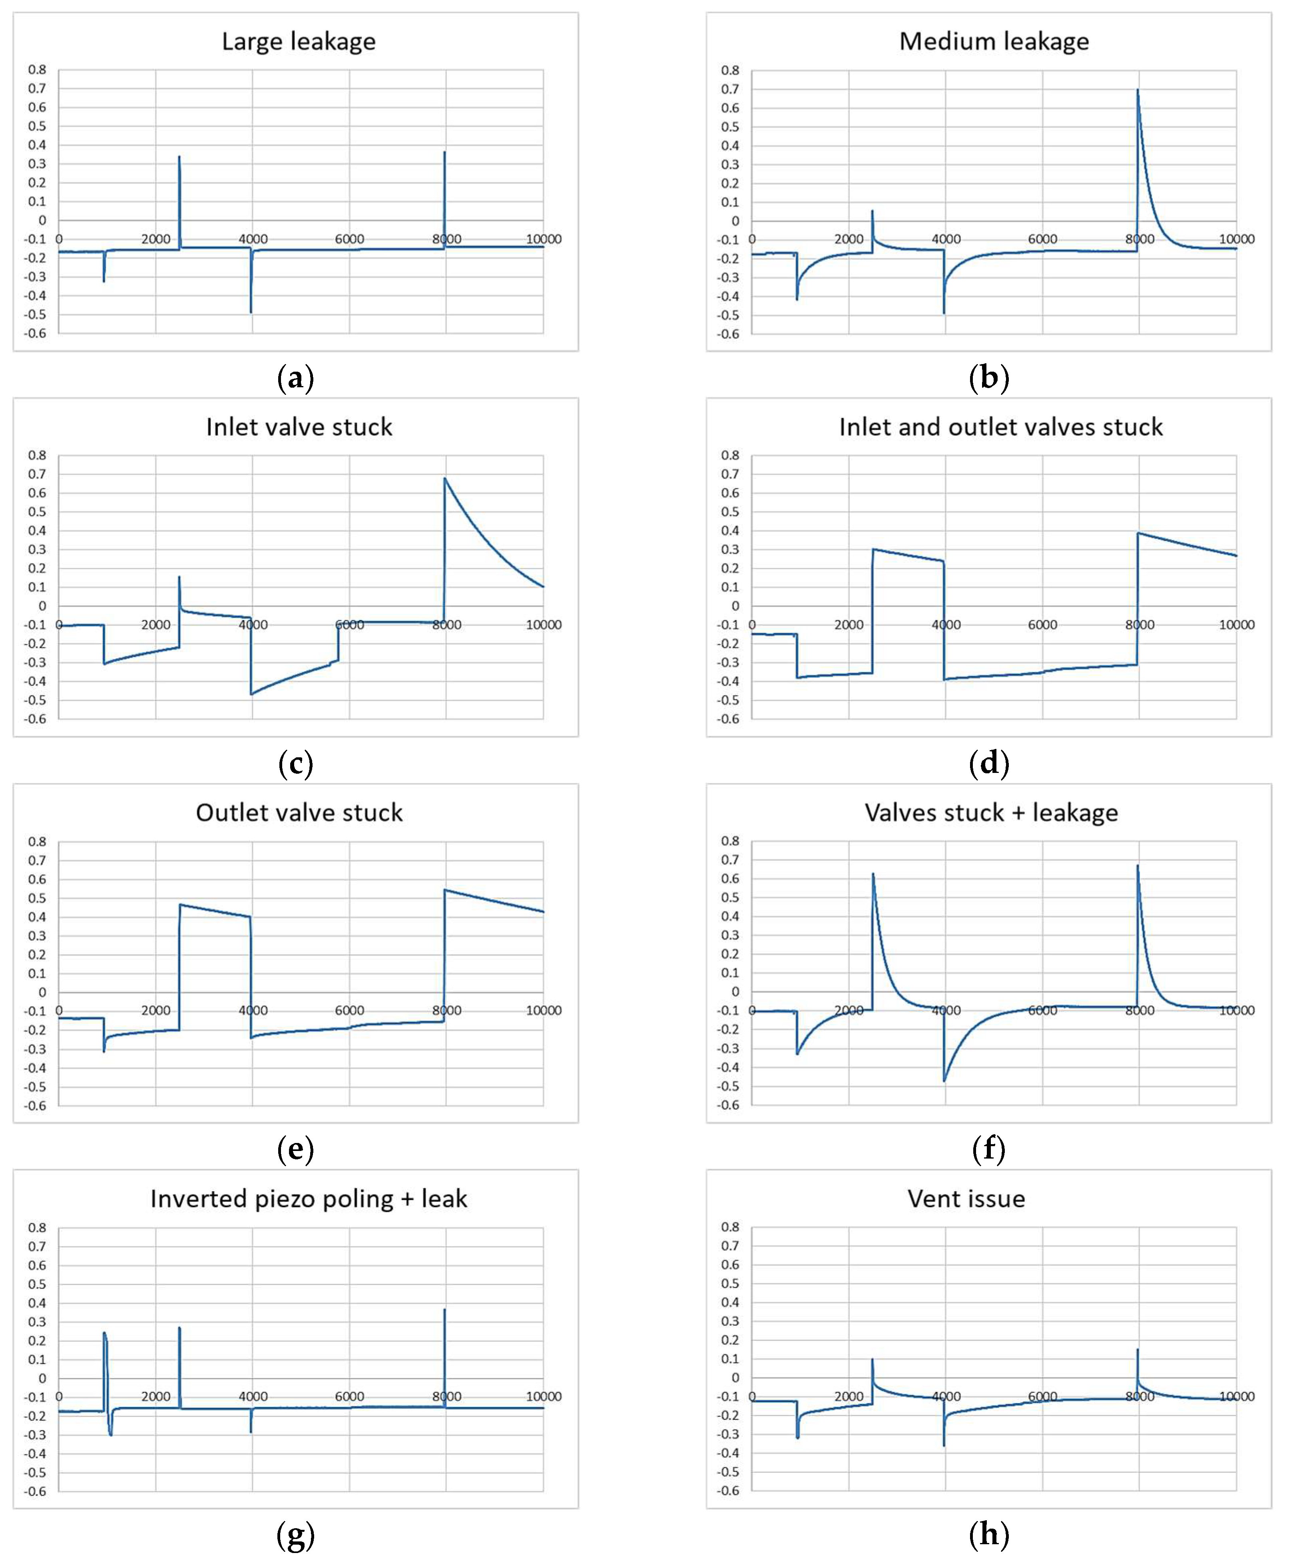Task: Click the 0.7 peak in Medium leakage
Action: pyautogui.click(x=1137, y=91)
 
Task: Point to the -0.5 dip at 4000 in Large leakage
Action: pyautogui.click(x=251, y=311)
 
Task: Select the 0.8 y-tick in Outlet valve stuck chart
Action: pyautogui.click(x=37, y=842)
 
